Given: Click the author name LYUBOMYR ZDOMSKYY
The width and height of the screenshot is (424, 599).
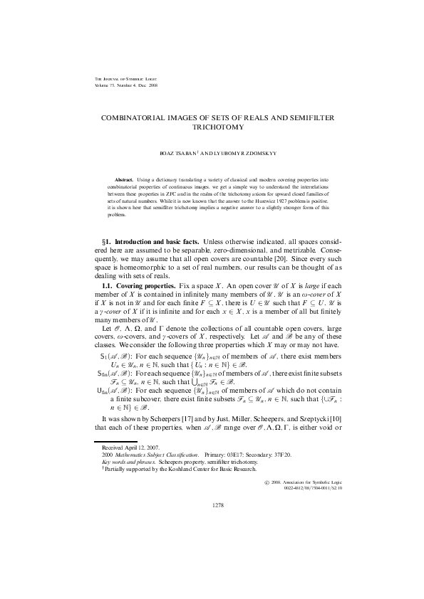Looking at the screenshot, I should pyautogui.click(x=237, y=153).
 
